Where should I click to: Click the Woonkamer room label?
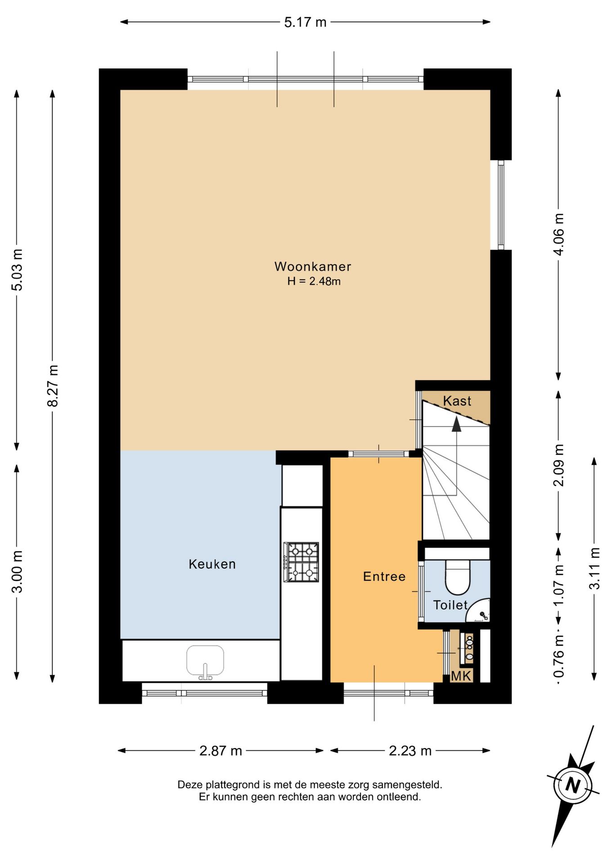[x=313, y=266]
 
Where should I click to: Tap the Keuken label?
[x=212, y=564]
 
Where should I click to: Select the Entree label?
[x=384, y=576]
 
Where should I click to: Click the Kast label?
[x=457, y=401]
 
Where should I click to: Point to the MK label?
[x=461, y=675]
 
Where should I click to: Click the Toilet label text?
[x=450, y=605]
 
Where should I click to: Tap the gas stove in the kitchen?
[x=301, y=562]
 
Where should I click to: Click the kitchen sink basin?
[x=205, y=660]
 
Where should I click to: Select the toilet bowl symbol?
[x=458, y=577]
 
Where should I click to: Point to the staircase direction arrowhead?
[x=457, y=424]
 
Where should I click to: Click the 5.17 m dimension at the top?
[x=305, y=22]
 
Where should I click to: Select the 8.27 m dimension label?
[x=53, y=386]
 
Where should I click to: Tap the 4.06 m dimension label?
[x=558, y=234]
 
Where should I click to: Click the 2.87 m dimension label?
[x=220, y=751]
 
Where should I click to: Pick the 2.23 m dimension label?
[x=410, y=751]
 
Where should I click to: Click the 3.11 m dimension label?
[x=594, y=568]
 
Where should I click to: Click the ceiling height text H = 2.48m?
[x=314, y=281]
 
